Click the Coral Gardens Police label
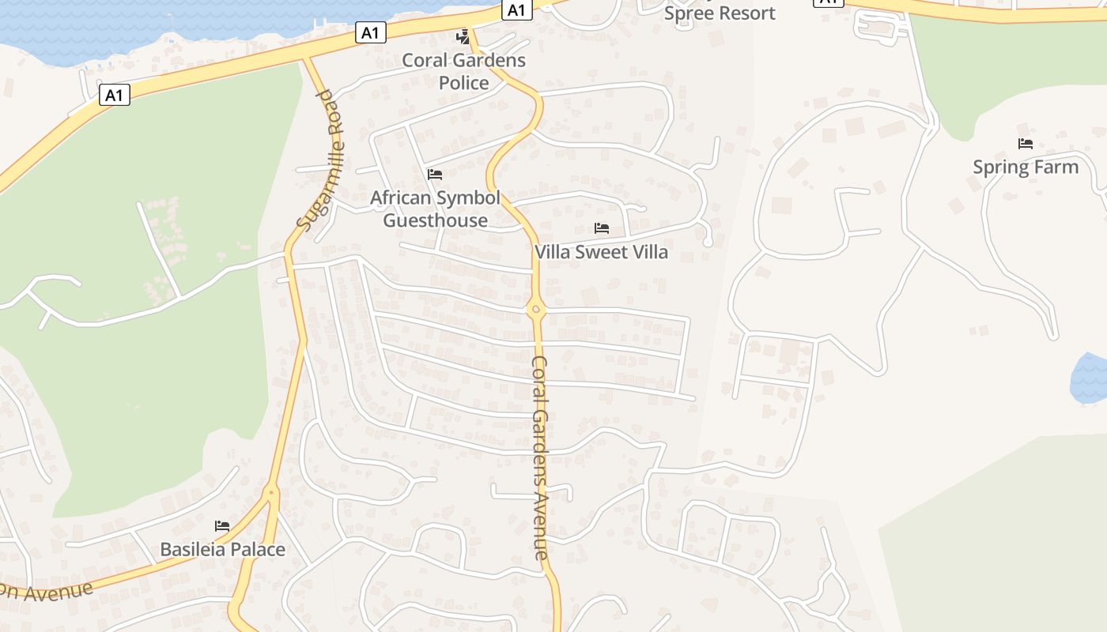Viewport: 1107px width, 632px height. coord(463,71)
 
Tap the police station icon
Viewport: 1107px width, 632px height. coord(463,36)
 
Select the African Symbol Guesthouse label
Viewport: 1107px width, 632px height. coord(435,209)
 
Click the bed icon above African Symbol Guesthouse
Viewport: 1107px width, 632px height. coord(435,175)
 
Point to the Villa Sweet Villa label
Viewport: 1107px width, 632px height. coord(601,252)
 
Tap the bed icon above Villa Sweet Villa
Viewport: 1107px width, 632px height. coord(602,229)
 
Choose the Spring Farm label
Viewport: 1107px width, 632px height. coord(1026,167)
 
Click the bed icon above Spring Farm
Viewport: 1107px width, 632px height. coord(1026,144)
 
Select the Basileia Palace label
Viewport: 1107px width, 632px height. coord(222,549)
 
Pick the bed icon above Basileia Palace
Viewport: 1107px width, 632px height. coord(222,526)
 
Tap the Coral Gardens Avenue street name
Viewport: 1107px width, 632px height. coord(540,458)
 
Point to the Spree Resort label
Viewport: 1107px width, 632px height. coord(720,13)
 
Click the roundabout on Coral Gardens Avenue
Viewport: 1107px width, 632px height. coord(535,310)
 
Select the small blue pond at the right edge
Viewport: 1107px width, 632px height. coord(1090,378)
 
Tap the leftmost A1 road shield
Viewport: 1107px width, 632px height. coord(115,96)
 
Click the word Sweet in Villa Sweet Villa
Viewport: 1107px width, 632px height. coord(601,252)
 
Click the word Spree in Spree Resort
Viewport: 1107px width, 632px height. coord(687,13)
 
